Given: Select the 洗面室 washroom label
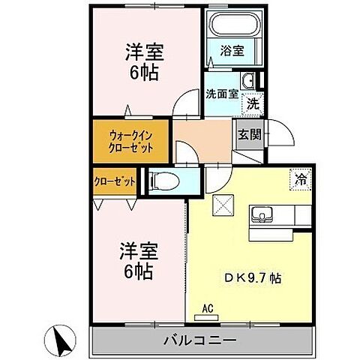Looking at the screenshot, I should pos(221,94).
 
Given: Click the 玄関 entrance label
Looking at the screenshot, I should pos(249,135).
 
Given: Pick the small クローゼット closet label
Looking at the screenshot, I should pos(115,181).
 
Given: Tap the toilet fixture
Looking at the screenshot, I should pos(166,181).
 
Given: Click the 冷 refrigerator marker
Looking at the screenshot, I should pos(301,179).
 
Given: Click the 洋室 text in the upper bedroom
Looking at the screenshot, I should pos(144,52).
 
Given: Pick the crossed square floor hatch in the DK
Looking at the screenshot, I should pos(223,205).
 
